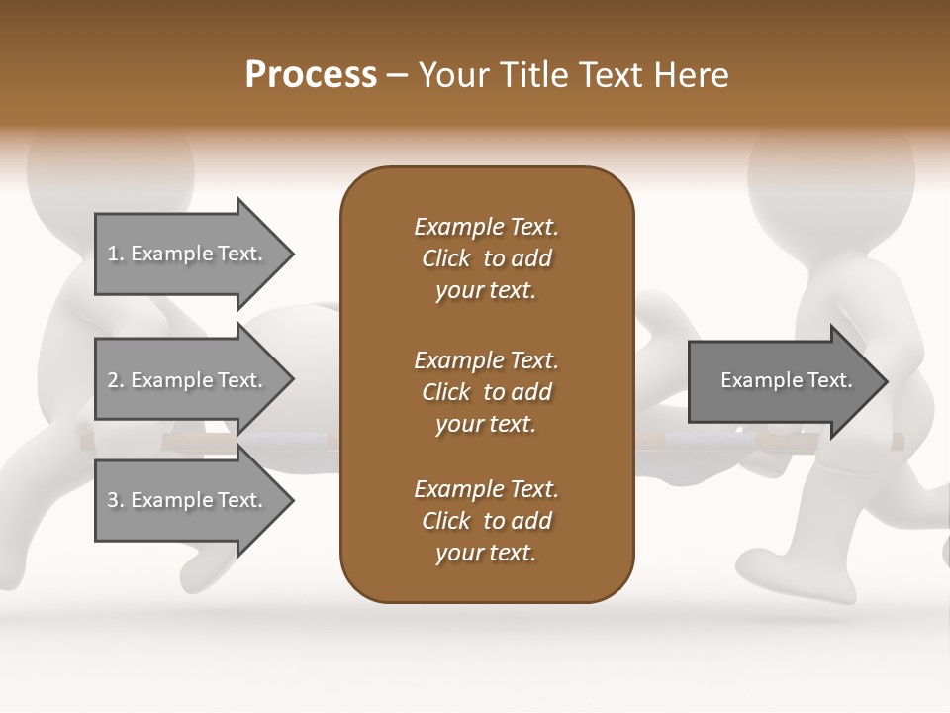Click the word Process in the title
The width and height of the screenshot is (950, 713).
point(311,75)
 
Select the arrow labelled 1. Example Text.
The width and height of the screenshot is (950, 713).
point(188,254)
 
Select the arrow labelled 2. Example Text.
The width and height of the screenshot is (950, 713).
point(188,380)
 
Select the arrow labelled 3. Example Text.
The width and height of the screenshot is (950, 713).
point(188,500)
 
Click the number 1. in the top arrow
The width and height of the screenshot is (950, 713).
point(116,254)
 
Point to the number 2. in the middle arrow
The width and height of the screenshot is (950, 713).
point(116,380)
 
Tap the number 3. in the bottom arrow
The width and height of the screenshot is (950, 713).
point(116,500)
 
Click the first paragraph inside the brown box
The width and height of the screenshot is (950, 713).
point(486,258)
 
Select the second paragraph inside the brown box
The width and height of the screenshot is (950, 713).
point(486,392)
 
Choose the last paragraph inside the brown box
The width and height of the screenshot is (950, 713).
point(486,521)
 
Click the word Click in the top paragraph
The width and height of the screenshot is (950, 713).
point(445,258)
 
